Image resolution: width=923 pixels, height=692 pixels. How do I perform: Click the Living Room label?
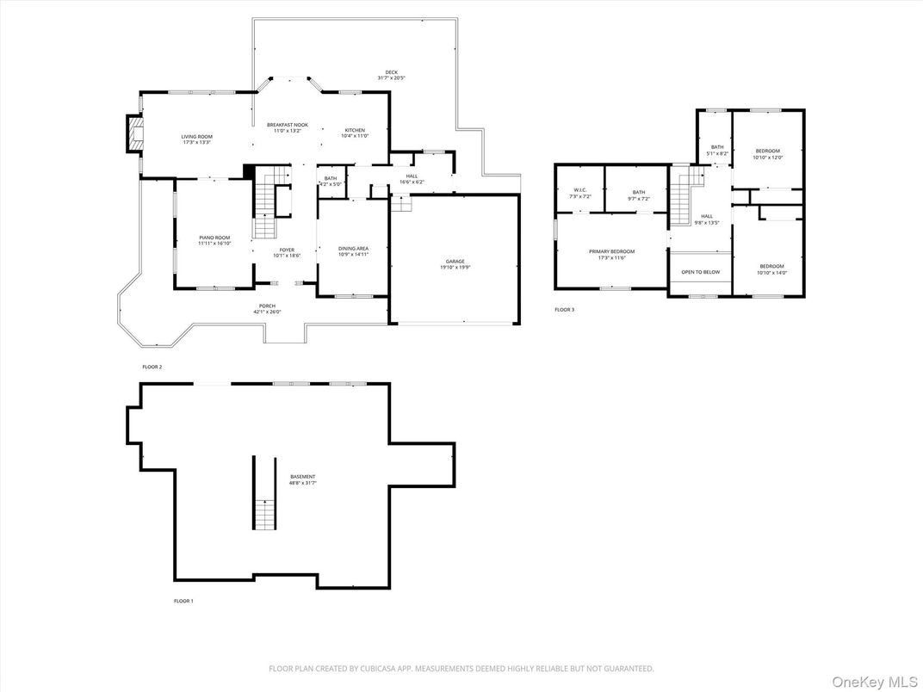pyautogui.click(x=196, y=136)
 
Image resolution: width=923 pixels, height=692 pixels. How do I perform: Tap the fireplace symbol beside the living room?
pyautogui.click(x=134, y=133)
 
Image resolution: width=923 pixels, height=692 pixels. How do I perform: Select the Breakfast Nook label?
pyautogui.click(x=287, y=125)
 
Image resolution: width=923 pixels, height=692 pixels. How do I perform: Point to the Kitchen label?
pyautogui.click(x=355, y=130)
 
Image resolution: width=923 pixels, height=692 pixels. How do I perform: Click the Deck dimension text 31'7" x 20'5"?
pyautogui.click(x=391, y=78)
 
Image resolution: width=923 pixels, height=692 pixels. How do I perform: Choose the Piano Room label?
pyautogui.click(x=214, y=238)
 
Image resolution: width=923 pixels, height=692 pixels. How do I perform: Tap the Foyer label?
pyautogui.click(x=287, y=250)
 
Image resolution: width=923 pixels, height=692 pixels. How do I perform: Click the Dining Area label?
pyautogui.click(x=353, y=249)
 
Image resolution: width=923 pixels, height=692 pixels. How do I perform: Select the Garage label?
pyautogui.click(x=455, y=261)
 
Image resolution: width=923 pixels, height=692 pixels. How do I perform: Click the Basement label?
pyautogui.click(x=302, y=476)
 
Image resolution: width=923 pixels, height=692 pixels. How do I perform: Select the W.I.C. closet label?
pyautogui.click(x=579, y=190)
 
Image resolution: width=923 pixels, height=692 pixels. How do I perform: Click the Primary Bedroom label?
pyautogui.click(x=611, y=251)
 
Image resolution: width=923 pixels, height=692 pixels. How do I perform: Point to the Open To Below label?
pyautogui.click(x=700, y=272)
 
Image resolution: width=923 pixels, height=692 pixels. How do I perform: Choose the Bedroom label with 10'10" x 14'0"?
pyautogui.click(x=772, y=266)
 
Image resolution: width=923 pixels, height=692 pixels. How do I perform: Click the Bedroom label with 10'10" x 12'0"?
pyautogui.click(x=767, y=151)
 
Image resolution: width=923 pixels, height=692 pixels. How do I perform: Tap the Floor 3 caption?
pyautogui.click(x=564, y=309)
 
